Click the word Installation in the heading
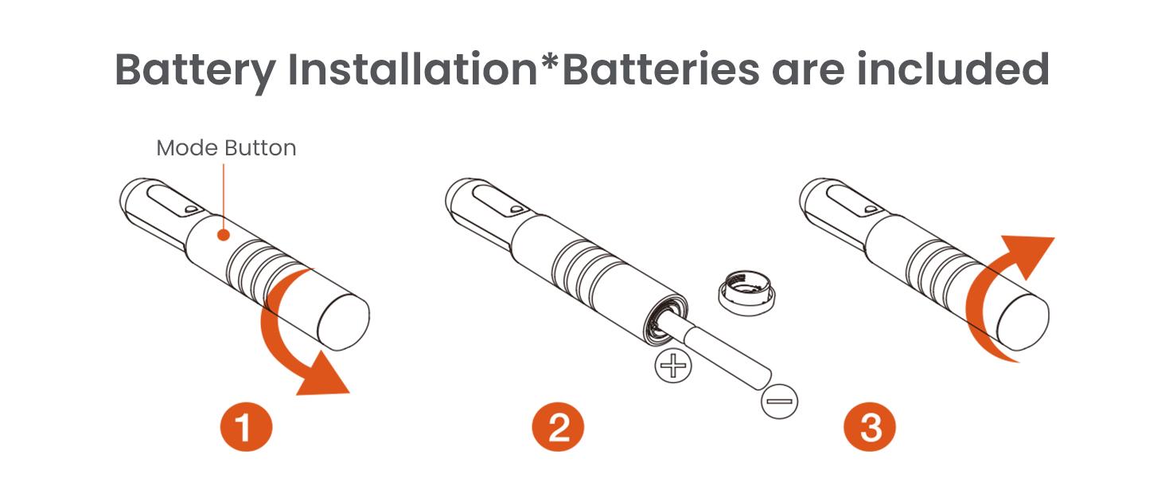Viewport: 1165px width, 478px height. coord(412,69)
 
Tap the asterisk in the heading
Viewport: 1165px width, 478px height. coord(550,61)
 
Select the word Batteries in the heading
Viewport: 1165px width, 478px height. coord(661,69)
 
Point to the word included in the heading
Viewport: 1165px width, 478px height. coord(953,69)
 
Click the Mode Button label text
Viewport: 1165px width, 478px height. coord(226,148)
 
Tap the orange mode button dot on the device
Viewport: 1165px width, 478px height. coord(224,235)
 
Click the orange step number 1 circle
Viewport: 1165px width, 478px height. coord(246,427)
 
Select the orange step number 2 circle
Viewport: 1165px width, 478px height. coord(558,427)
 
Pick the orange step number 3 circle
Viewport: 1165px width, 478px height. coord(870,427)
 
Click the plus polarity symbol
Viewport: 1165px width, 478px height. coord(673,365)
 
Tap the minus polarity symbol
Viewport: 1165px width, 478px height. coord(779,401)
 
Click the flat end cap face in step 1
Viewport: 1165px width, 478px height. coord(343,322)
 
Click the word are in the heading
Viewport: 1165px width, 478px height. coord(808,73)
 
